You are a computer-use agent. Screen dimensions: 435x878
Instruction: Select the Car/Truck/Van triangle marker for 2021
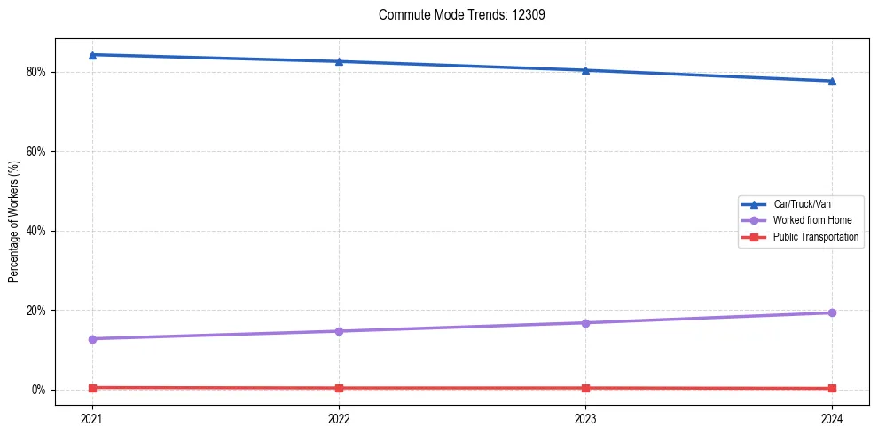pyautogui.click(x=92, y=55)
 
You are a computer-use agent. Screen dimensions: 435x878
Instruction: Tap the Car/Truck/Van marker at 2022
pyautogui.click(x=339, y=61)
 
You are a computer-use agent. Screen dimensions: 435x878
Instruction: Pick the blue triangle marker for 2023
pyautogui.click(x=585, y=70)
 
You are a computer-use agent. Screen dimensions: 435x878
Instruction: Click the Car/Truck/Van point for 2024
pyautogui.click(x=832, y=81)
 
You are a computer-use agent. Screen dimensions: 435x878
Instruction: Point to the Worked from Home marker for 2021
pyautogui.click(x=92, y=339)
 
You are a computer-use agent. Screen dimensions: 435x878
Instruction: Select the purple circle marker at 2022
pyautogui.click(x=339, y=331)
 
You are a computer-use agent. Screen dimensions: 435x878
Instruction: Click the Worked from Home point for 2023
pyautogui.click(x=585, y=323)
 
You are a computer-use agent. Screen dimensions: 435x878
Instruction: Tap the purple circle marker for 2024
pyautogui.click(x=832, y=312)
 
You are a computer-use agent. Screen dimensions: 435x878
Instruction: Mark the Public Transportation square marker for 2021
pyautogui.click(x=92, y=388)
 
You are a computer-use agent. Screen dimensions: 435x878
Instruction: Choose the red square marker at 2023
pyautogui.click(x=585, y=388)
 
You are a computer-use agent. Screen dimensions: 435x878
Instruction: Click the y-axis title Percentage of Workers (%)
pyautogui.click(x=14, y=222)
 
